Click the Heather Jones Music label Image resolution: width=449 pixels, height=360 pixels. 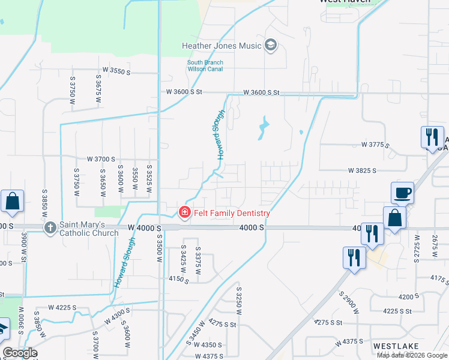coord(222,46)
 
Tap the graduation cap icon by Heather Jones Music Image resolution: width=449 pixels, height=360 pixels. coord(271,46)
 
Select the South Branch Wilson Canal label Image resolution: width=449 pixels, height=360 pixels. coord(205,65)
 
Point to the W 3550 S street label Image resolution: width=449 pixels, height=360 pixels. coord(116,71)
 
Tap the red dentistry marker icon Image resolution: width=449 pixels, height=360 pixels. coord(185,213)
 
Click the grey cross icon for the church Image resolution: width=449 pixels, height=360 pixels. coord(50,227)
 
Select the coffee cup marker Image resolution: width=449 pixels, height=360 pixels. coord(402,194)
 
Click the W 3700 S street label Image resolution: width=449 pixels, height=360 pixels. coord(101,159)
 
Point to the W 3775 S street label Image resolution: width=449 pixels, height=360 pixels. coord(375,145)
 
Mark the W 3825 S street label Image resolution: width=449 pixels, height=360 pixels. coord(362,170)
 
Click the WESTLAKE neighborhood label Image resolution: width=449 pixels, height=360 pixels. coord(392,346)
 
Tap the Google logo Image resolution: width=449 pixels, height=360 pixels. coord(19,353)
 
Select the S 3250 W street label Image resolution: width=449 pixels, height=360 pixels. coord(238,305)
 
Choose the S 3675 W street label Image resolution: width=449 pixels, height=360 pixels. coord(97,88)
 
